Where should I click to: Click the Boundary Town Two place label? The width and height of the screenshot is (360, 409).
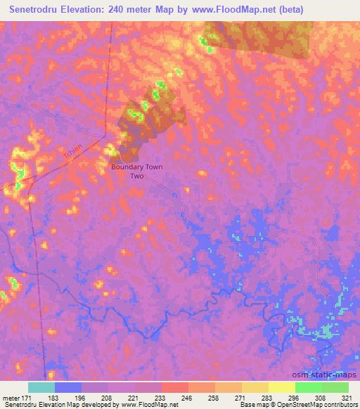point(137,172)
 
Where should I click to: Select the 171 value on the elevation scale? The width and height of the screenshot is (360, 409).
point(29,397)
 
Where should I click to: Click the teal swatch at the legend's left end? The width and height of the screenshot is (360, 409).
point(41,387)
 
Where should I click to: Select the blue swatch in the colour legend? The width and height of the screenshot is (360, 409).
point(68,387)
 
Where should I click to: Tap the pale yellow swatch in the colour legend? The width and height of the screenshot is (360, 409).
point(282,387)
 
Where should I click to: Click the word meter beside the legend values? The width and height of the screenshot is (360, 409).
point(12,397)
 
